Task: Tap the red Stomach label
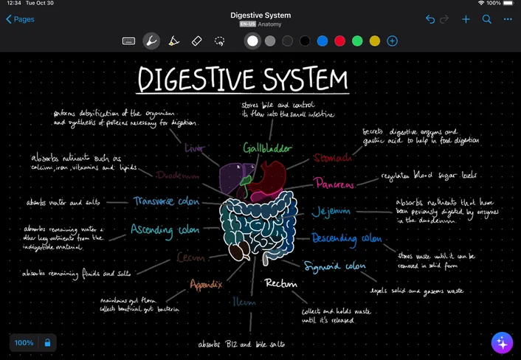332,157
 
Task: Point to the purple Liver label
195,148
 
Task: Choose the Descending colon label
346,239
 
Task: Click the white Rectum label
280,283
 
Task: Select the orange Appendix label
206,284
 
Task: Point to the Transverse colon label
166,201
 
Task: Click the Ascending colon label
165,230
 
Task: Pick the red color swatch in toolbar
339,41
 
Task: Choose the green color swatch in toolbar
357,41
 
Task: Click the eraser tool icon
196,41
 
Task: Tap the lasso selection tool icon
219,41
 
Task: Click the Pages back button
20,19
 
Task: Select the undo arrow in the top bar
430,19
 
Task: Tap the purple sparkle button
502,342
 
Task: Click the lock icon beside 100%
47,343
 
